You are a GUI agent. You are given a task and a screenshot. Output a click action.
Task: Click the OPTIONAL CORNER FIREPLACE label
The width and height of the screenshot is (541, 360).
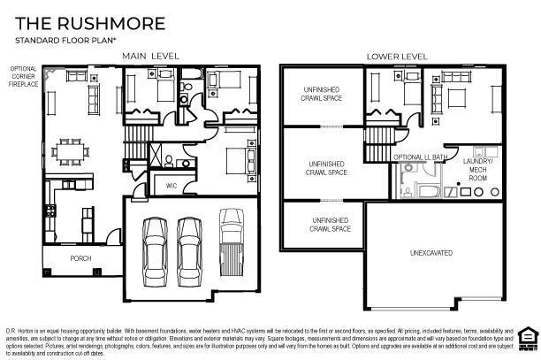coord(22,76)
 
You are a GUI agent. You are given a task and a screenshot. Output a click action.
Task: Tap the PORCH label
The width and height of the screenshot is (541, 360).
coord(80,258)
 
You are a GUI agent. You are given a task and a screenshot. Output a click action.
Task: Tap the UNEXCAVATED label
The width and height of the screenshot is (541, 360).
coord(431,253)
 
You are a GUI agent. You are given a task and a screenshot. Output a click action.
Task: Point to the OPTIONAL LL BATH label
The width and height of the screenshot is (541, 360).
coord(419,157)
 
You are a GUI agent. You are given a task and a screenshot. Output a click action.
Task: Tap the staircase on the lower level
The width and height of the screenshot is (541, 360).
coord(378,137)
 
